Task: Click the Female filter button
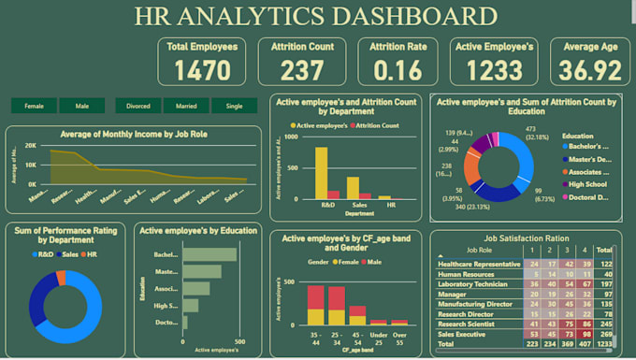tap(34, 107)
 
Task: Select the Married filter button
tap(185, 107)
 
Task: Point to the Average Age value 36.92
tap(589, 68)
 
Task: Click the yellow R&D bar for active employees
tap(321, 173)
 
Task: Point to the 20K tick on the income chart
tap(30, 147)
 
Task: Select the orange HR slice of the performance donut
tap(62, 278)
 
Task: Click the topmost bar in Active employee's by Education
tap(210, 254)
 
